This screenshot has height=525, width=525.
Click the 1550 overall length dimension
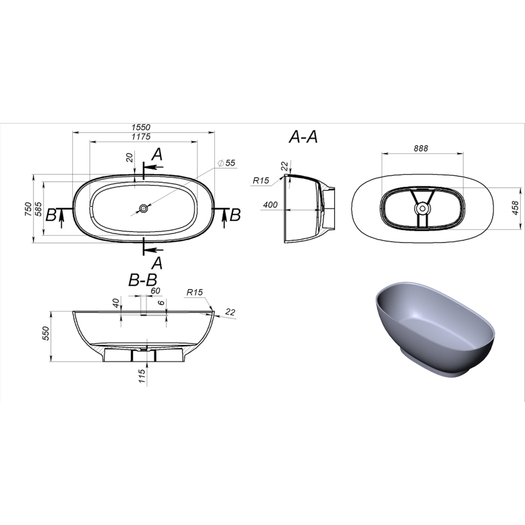coord(141,127)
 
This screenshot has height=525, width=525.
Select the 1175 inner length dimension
coord(141,137)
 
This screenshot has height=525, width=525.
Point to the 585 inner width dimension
coord(38,209)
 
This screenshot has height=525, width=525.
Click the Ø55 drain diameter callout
coord(227,163)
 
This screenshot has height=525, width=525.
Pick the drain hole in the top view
coord(144,208)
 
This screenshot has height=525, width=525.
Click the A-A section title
coord(303,137)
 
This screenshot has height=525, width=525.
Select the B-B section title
coord(143,280)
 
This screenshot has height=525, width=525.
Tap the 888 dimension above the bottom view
coord(421,148)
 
